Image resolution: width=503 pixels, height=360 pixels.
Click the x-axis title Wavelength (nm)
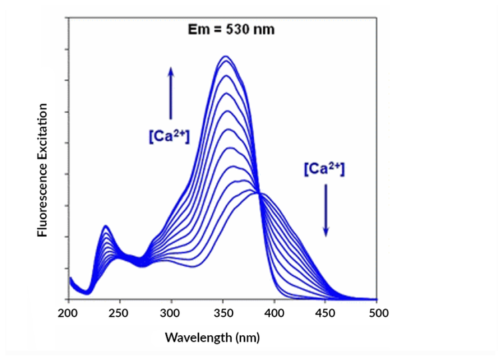pyautogui.click(x=213, y=337)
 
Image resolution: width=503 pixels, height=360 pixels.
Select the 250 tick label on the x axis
pyautogui.click(x=119, y=313)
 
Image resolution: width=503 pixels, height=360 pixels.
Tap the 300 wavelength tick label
pyautogui.click(x=171, y=313)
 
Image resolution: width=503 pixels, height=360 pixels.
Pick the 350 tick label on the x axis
pyautogui.click(x=223, y=313)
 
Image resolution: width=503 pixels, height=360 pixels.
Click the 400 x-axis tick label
pyautogui.click(x=274, y=313)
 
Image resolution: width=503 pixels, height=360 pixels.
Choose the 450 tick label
pyautogui.click(x=326, y=313)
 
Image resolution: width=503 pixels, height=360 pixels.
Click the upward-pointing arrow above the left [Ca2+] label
pyautogui.click(x=171, y=93)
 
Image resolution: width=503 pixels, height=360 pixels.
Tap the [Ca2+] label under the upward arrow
pyautogui.click(x=169, y=136)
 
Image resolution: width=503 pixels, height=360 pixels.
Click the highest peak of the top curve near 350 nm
pyautogui.click(x=226, y=57)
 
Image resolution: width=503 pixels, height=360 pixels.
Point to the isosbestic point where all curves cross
pyautogui.click(x=258, y=193)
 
